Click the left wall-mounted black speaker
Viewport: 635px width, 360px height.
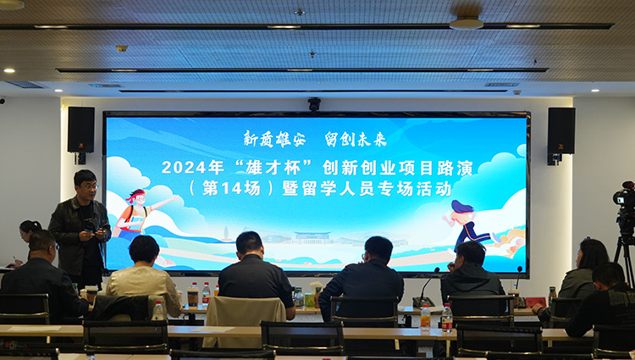[81, 130]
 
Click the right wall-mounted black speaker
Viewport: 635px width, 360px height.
[560, 130]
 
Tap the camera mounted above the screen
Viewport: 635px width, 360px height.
[314, 104]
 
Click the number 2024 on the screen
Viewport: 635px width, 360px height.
[183, 167]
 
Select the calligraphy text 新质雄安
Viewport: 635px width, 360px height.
[274, 139]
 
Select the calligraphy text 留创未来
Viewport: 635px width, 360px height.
[356, 139]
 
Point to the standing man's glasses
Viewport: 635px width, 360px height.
[90, 186]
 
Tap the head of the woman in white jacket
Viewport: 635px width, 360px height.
[144, 249]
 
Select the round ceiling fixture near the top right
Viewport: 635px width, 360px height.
[467, 23]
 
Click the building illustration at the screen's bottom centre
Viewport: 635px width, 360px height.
[312, 237]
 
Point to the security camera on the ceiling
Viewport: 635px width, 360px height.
[121, 48]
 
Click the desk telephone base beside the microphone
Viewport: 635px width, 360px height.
[423, 302]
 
